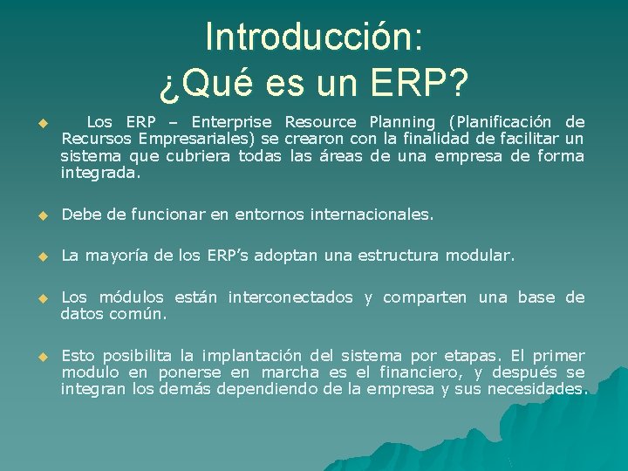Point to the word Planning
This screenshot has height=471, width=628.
point(402,122)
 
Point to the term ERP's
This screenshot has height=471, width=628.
point(229,256)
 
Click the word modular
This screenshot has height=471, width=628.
point(480,256)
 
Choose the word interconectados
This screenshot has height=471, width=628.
point(290,297)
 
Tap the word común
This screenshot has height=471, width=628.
point(138,314)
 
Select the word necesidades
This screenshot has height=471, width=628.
point(537,389)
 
